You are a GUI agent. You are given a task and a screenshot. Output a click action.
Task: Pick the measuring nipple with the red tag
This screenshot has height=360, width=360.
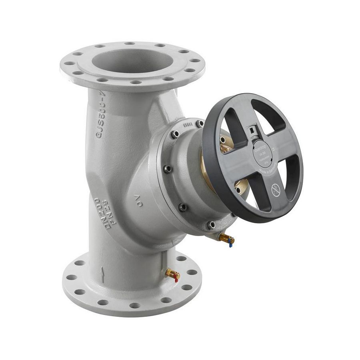click(x=173, y=274)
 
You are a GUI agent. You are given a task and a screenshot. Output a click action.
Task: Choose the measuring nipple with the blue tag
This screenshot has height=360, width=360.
click(x=226, y=240)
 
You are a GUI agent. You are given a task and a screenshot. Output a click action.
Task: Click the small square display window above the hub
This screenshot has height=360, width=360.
click(x=252, y=130)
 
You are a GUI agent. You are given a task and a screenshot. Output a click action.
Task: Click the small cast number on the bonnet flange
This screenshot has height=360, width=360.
click(x=188, y=124)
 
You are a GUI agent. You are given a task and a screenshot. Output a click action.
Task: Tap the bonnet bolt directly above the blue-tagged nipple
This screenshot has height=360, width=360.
click(x=211, y=225)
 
